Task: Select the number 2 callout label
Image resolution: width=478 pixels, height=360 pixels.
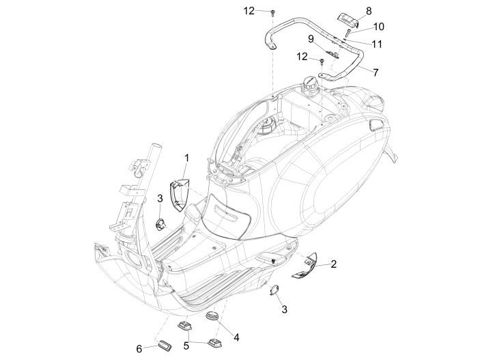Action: (334, 263)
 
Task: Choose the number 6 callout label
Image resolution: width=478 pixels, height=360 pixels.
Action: (140, 349)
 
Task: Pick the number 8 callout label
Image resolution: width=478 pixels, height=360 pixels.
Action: (369, 11)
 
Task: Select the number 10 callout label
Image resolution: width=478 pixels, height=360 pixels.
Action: (379, 27)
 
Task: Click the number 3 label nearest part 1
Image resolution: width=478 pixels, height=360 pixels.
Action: (159, 198)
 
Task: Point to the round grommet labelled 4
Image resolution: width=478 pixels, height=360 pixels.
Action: (213, 317)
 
